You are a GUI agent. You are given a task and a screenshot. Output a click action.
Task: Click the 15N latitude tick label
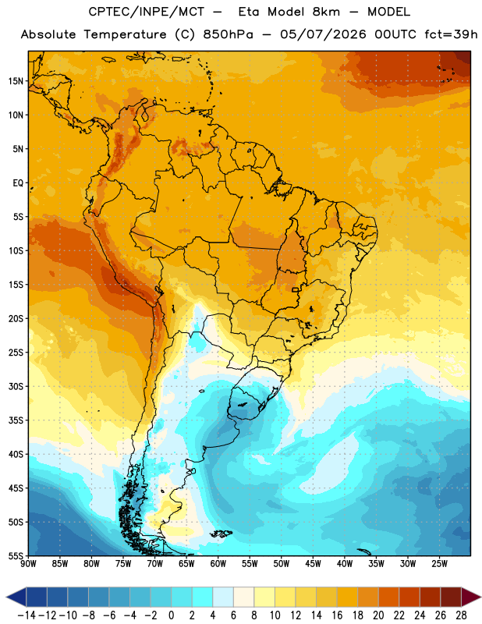[16, 81]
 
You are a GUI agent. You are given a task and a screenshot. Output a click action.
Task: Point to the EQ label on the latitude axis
[18, 183]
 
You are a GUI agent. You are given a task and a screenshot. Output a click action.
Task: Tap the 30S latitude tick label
[16, 386]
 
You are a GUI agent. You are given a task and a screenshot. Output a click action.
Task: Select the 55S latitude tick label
[16, 556]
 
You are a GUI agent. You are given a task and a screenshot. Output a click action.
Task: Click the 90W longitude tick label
[28, 564]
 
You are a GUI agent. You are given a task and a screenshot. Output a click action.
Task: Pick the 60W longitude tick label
[218, 564]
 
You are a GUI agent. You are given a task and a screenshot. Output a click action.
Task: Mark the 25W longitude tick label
[440, 564]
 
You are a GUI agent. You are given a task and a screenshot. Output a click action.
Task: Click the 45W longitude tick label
[314, 564]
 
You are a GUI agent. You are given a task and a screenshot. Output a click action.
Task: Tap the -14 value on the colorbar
[27, 615]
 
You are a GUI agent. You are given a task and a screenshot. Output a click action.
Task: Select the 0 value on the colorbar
[171, 615]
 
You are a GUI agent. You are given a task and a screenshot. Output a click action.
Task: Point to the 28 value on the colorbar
[461, 615]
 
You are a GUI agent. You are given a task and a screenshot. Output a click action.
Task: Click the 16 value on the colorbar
[337, 615]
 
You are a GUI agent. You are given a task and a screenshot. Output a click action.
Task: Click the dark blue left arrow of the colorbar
[16, 597]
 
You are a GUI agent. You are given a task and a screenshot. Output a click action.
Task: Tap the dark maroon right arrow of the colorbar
[471, 597]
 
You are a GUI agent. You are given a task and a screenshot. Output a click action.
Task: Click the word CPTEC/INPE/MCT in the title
[147, 12]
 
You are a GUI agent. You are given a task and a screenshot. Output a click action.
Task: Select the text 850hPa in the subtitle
[228, 34]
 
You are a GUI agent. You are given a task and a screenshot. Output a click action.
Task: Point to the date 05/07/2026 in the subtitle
[323, 34]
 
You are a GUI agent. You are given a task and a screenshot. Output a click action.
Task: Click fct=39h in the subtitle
[451, 34]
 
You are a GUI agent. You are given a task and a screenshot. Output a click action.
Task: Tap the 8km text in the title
[326, 12]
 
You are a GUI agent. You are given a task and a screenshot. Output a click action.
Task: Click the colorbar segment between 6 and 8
[243, 597]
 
